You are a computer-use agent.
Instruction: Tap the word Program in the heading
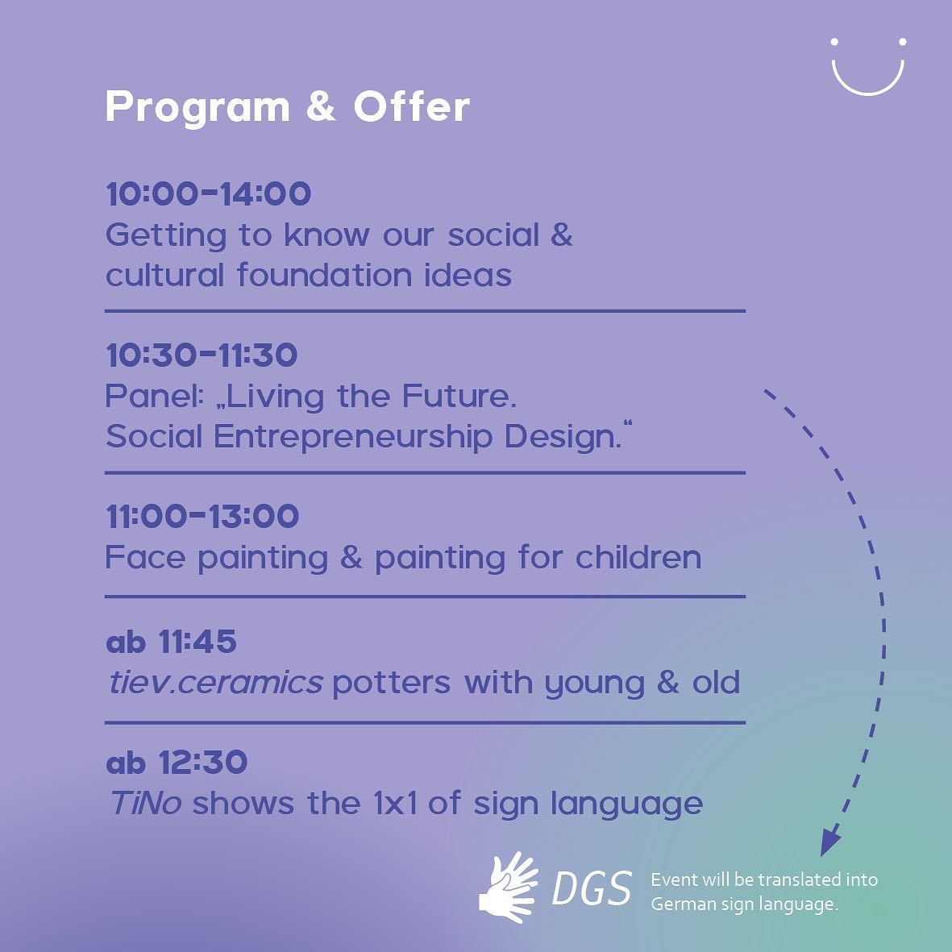[x=197, y=108]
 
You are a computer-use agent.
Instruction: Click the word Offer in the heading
[x=411, y=108]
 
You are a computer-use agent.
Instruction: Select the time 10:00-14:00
[x=208, y=194]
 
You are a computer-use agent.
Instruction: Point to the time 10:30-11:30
[x=202, y=355]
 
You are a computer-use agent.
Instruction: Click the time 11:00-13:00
[x=202, y=517]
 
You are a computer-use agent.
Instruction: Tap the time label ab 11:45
[x=171, y=642]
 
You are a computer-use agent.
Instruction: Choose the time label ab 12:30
[x=176, y=763]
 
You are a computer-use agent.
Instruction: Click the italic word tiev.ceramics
[x=215, y=683]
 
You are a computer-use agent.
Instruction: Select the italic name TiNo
[x=145, y=804]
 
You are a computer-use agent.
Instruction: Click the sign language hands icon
[x=509, y=888]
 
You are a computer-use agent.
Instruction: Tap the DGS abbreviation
[x=592, y=890]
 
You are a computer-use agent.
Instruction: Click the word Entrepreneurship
[x=353, y=437]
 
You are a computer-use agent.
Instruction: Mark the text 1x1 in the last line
[x=395, y=804]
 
